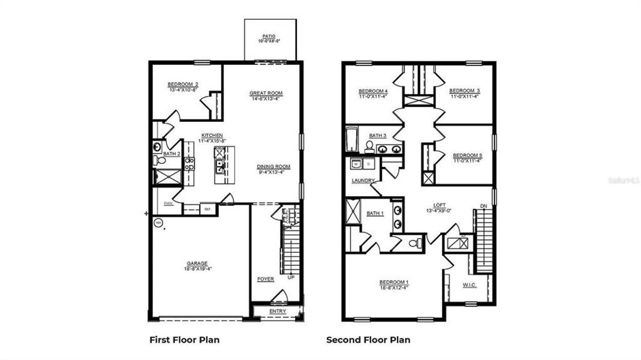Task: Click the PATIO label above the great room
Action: tap(269, 36)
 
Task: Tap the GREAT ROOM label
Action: tap(266, 93)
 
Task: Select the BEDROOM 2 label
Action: tap(183, 84)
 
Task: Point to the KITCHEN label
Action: tap(212, 136)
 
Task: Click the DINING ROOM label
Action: tap(273, 167)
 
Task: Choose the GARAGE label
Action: tap(197, 263)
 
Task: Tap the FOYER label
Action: tap(265, 279)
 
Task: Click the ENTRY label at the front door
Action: tap(278, 311)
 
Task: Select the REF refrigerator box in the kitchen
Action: tap(207, 209)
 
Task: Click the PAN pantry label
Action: tap(168, 204)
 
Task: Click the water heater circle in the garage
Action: tap(158, 223)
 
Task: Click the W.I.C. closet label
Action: tap(470, 285)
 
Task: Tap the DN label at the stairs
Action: tap(483, 207)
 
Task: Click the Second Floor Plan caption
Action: tap(368, 340)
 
